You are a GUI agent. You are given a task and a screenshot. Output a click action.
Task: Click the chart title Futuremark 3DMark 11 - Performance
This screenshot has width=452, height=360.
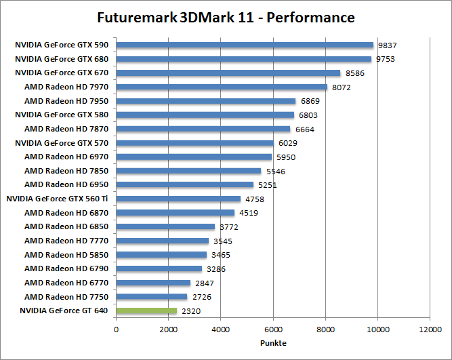[x=226, y=16]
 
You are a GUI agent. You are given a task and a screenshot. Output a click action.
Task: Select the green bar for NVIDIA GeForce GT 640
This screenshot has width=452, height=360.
[x=146, y=311]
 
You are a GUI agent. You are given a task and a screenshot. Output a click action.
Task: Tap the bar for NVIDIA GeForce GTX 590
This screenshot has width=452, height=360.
[x=245, y=45]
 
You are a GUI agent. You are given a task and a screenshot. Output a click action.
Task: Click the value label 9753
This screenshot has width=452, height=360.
[x=386, y=59]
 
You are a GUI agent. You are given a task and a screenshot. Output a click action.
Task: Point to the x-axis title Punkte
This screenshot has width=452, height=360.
[x=272, y=342]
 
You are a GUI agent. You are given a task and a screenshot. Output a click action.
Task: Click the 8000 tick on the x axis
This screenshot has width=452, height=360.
[x=325, y=329]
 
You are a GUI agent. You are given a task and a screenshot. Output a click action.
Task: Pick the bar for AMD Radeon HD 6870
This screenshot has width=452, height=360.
[x=176, y=213]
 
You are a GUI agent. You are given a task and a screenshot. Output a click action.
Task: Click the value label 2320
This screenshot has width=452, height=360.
[x=191, y=311]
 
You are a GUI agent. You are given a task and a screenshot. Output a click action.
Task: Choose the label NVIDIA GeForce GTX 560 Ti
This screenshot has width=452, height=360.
[x=57, y=199]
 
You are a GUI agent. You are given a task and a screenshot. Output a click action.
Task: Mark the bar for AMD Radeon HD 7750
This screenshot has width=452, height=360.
[x=152, y=297]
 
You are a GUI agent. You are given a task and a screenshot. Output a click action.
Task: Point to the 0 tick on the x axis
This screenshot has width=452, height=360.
[x=117, y=329]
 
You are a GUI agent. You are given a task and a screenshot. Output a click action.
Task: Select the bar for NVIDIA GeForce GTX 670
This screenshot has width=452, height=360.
[x=228, y=73]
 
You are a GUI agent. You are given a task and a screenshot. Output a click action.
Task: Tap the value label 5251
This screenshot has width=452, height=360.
[x=268, y=185]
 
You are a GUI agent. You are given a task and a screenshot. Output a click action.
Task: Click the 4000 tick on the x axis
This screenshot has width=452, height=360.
[x=221, y=329]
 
